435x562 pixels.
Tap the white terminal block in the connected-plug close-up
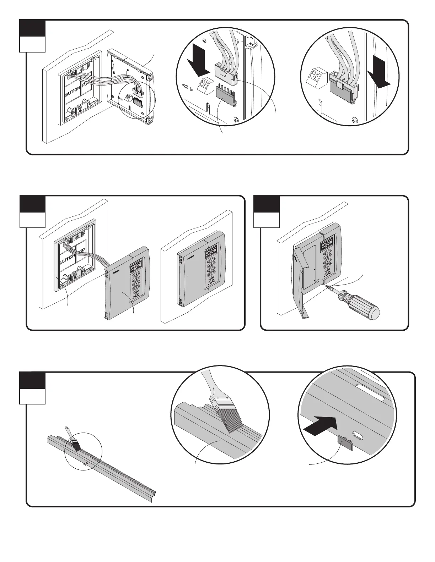pyautogui.click(x=317, y=78)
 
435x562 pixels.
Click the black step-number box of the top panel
pyautogui.click(x=32, y=28)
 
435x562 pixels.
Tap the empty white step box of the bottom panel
pyautogui.click(x=32, y=396)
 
